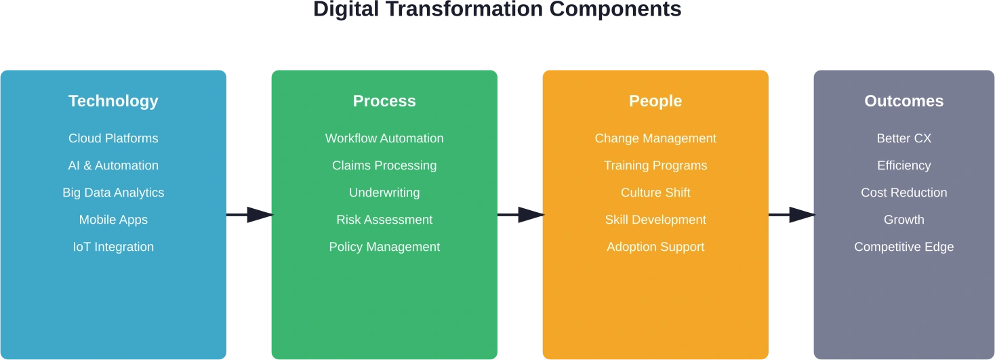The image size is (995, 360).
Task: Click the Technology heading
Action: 113,101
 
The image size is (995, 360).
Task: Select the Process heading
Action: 384,101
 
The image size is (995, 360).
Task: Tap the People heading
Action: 655,101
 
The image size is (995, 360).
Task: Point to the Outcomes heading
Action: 903,101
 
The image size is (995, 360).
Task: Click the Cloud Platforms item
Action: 113,138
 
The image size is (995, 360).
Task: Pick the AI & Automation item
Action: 113,165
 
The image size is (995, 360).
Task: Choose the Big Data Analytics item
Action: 113,193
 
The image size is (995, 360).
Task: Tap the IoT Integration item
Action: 113,247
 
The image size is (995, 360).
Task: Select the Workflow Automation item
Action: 384,138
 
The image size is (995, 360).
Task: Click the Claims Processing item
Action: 384,165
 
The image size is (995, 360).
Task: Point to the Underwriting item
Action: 384,193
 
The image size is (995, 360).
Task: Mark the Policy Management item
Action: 384,247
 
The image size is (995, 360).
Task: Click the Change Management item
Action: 655,138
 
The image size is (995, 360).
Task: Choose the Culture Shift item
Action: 655,193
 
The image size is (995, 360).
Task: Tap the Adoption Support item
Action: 655,247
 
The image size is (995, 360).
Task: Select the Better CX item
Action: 903,138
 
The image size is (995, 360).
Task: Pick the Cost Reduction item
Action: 903,193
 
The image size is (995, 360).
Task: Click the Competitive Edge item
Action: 903,247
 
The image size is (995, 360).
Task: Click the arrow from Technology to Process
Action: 249,214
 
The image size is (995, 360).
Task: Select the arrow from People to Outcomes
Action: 792,214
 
